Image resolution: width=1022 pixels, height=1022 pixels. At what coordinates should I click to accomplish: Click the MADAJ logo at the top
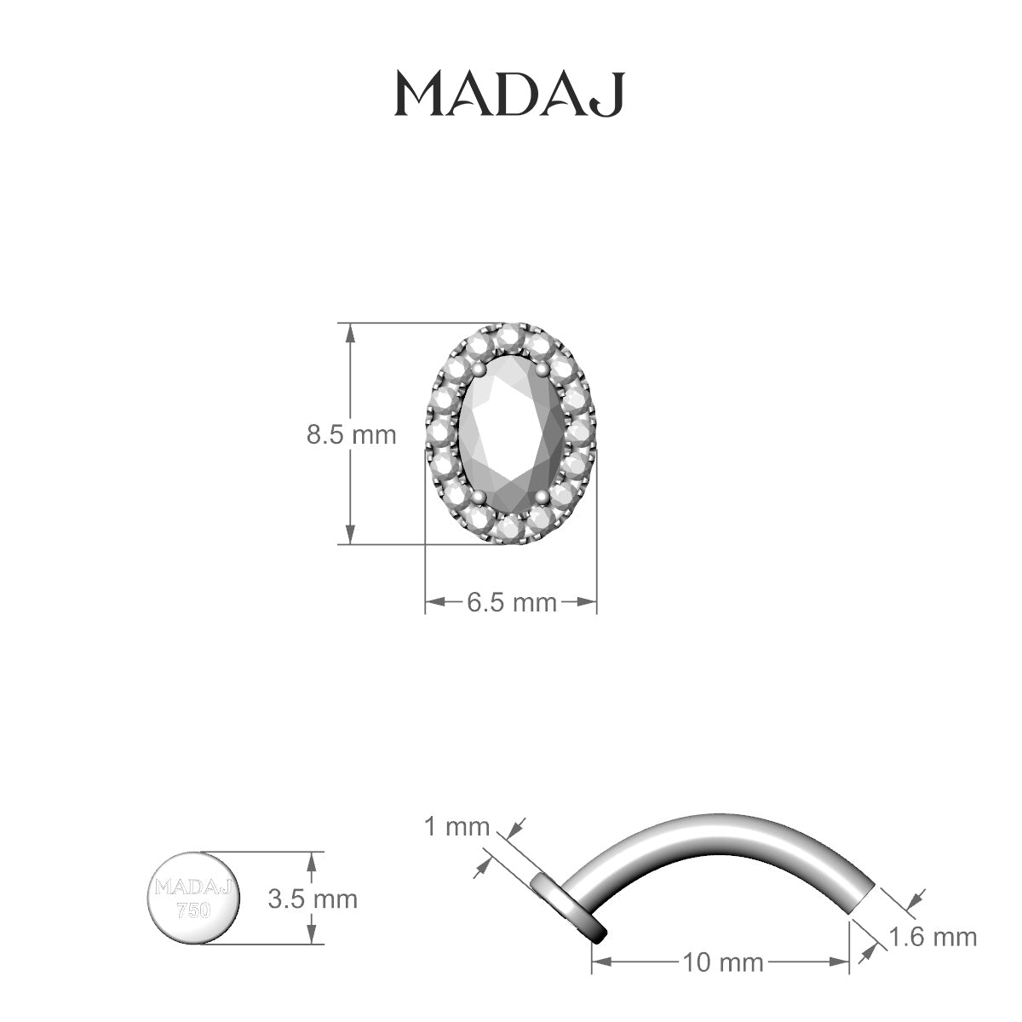509,93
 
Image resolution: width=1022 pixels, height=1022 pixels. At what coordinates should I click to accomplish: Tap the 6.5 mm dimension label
511,602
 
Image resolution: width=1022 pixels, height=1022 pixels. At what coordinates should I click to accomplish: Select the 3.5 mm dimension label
313,899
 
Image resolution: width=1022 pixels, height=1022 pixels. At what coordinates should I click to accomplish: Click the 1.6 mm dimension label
933,937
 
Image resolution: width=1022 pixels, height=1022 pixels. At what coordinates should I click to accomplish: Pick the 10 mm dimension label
721,963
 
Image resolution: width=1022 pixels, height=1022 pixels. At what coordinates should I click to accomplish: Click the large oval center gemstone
510,433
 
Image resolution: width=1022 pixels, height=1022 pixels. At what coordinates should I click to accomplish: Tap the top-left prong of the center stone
479,369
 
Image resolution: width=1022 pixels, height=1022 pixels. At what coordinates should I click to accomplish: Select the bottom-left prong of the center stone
479,497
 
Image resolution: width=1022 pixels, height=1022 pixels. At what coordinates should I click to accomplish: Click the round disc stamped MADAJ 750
194,898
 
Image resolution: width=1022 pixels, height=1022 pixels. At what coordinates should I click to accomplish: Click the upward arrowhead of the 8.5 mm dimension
350,332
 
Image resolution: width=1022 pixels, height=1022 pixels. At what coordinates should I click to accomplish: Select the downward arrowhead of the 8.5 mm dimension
350,534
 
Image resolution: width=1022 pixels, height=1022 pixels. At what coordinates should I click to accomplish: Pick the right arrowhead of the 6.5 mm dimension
587,602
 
